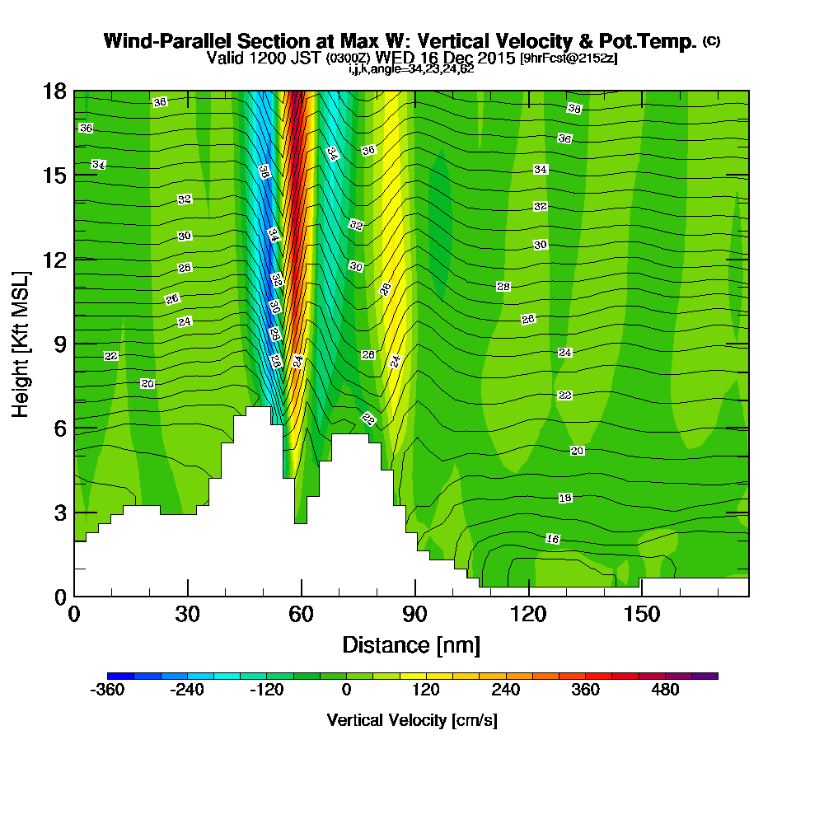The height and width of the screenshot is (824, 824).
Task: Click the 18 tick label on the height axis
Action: pyautogui.click(x=55, y=91)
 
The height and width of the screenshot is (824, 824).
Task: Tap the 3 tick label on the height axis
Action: pyautogui.click(x=60, y=513)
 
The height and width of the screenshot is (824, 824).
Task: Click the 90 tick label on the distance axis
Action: pyautogui.click(x=415, y=615)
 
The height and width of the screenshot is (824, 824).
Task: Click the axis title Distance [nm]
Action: pyautogui.click(x=411, y=644)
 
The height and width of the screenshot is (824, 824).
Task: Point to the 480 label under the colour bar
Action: pyautogui.click(x=665, y=691)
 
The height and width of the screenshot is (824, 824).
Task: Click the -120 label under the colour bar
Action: pyautogui.click(x=266, y=691)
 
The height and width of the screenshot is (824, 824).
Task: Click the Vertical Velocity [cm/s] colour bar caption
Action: pyautogui.click(x=412, y=720)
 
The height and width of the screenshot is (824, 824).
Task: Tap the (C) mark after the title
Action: pyautogui.click(x=711, y=40)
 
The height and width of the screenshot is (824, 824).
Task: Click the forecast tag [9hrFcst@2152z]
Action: pyautogui.click(x=569, y=59)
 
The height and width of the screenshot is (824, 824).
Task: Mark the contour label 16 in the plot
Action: pyautogui.click(x=553, y=539)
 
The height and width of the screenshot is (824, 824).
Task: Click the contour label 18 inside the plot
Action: pyautogui.click(x=565, y=498)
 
